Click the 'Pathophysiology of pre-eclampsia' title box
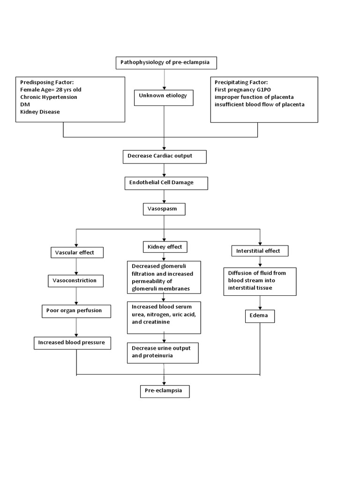coord(168,62)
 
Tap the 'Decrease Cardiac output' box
coord(164,156)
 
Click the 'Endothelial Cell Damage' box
coord(166,182)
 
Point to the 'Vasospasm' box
coord(164,209)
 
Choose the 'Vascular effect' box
coord(76,252)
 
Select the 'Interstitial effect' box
coord(260,251)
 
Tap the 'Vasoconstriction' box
coord(76,281)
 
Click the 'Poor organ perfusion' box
coord(76,310)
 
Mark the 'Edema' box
coord(260,316)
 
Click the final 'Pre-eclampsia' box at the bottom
coord(165,390)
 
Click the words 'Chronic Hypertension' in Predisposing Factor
coord(49,97)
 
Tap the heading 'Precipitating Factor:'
coord(241,82)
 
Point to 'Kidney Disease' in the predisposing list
coord(40,112)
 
